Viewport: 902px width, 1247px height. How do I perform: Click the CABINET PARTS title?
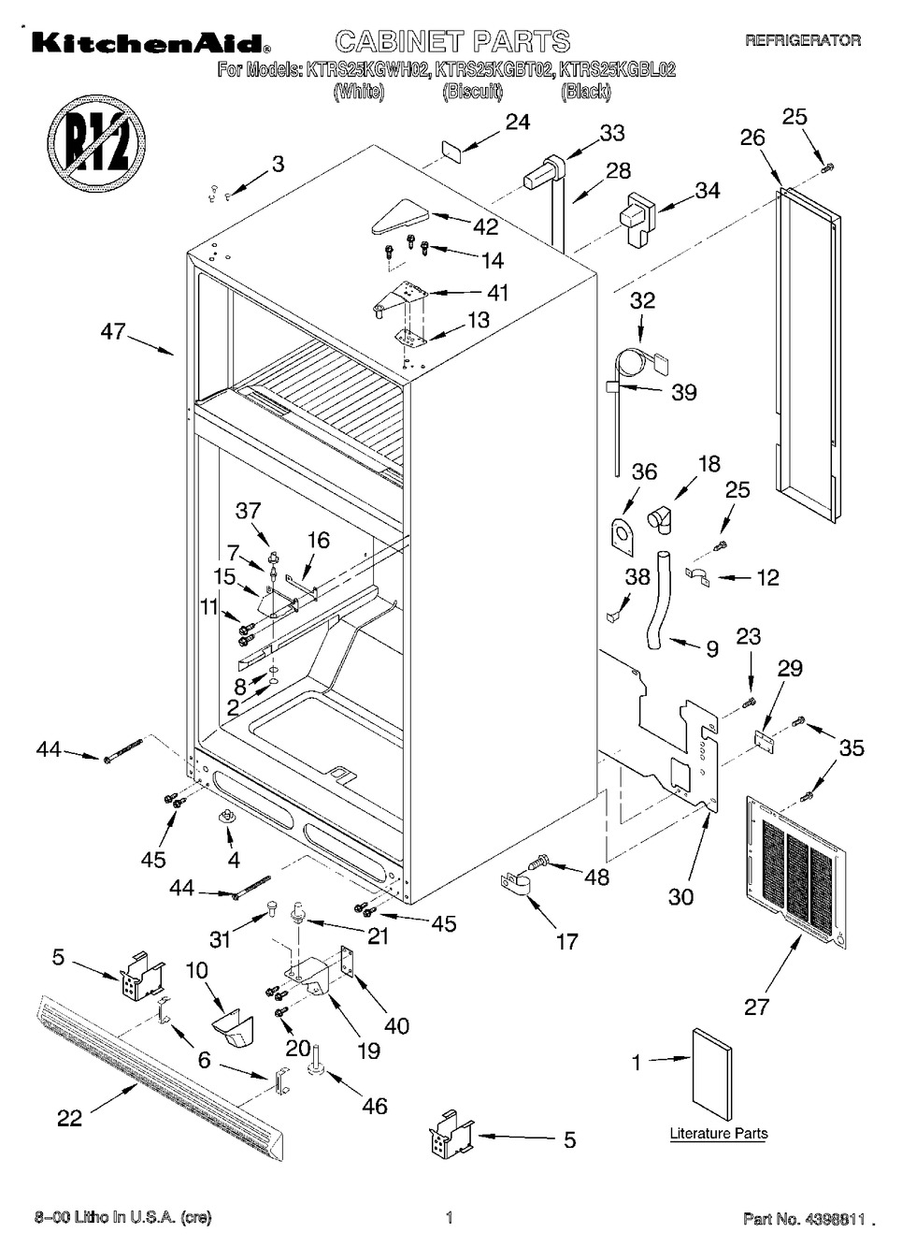click(451, 41)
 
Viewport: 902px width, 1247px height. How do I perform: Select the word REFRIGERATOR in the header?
click(802, 40)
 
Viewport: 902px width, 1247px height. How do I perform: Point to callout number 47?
click(113, 331)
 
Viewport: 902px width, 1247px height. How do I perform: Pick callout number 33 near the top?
click(612, 133)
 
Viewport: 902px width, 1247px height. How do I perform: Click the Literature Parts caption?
click(718, 1134)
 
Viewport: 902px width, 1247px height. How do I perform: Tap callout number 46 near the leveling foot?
click(374, 1106)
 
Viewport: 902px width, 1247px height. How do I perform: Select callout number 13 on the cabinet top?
click(478, 320)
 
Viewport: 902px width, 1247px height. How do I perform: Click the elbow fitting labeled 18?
click(665, 516)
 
